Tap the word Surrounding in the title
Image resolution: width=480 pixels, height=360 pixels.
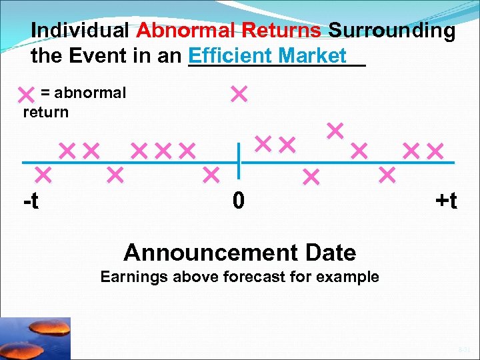[x=392, y=31]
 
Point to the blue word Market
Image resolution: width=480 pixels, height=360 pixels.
[x=313, y=55]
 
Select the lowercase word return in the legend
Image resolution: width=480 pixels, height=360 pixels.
[x=45, y=112]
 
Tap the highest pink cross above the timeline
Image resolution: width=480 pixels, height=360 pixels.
[x=238, y=94]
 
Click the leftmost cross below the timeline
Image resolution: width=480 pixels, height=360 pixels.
[x=43, y=175]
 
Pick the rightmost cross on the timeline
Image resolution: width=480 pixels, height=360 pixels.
[x=435, y=151]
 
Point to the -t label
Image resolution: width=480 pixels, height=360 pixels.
[x=31, y=201]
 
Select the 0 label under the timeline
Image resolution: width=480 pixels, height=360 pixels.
[x=239, y=201]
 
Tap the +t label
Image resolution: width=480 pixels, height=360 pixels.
[x=445, y=201]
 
